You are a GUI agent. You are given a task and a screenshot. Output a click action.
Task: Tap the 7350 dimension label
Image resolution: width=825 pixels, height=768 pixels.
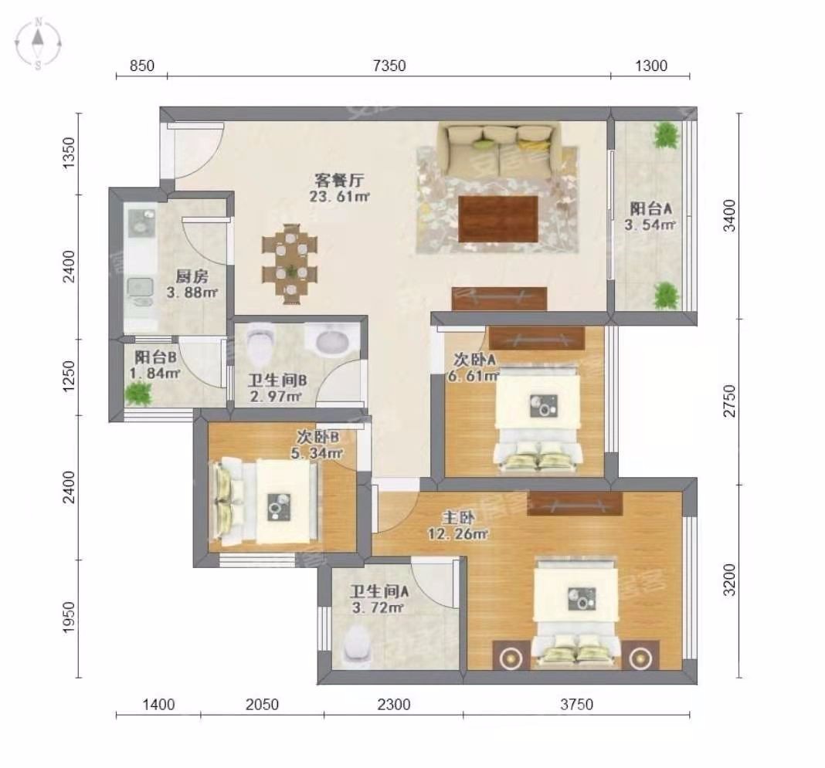click(389, 66)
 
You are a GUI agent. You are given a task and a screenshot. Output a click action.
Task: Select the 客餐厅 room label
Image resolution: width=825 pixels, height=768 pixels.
click(339, 181)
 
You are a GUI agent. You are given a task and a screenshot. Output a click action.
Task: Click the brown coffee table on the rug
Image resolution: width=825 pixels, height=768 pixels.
click(497, 218)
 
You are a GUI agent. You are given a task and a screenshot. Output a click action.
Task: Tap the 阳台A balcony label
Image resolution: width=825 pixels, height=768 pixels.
click(651, 208)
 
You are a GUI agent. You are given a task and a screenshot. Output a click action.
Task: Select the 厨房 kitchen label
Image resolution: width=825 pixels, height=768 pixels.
click(192, 276)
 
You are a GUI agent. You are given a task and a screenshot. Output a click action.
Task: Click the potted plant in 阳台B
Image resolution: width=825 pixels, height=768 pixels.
click(138, 394)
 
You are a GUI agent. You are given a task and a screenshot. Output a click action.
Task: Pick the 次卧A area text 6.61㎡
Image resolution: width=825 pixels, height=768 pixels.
click(474, 377)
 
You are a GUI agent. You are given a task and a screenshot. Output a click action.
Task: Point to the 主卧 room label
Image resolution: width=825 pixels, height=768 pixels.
click(458, 518)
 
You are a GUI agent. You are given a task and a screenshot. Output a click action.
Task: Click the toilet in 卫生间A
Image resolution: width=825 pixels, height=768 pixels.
click(357, 647)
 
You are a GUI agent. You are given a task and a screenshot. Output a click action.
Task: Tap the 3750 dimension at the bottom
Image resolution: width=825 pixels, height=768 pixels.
click(576, 705)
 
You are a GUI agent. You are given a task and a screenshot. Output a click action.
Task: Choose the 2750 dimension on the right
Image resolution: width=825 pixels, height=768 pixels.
click(729, 401)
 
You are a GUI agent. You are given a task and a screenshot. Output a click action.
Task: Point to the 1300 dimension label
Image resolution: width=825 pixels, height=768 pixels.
click(651, 66)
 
